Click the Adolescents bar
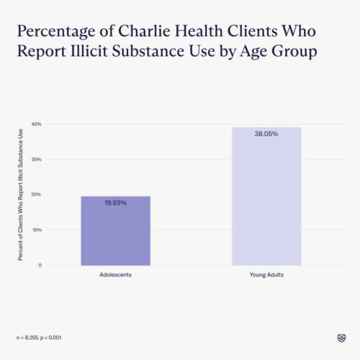(115, 230)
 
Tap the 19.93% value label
(115, 203)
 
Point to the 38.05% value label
(266, 134)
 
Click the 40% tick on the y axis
(37, 124)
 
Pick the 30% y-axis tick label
(37, 159)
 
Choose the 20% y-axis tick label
(37, 194)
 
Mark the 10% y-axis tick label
(37, 230)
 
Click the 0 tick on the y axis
(40, 265)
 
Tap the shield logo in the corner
(341, 337)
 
